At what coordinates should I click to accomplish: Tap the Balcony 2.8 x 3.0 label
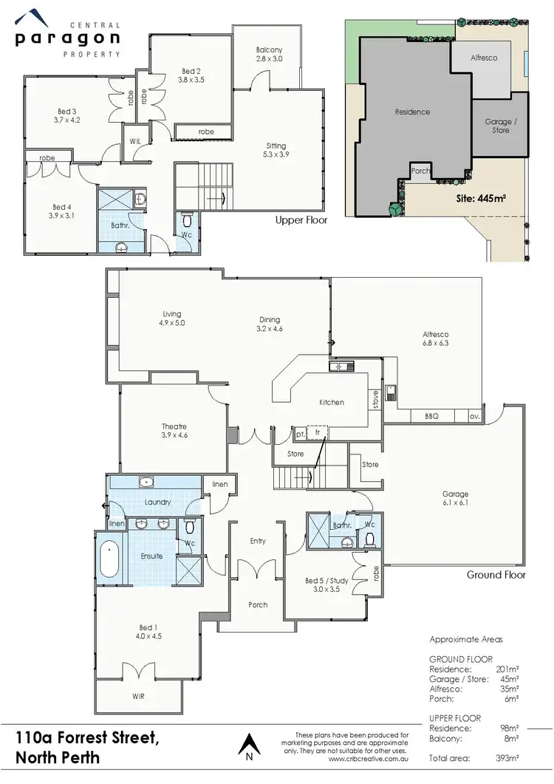269,54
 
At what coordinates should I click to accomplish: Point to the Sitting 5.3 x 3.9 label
276,150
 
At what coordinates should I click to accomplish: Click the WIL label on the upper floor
134,140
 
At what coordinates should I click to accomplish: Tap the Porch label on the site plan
420,170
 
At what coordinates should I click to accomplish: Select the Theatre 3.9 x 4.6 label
174,431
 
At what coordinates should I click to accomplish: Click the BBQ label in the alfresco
431,416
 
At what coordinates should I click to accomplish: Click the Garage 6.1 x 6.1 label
456,499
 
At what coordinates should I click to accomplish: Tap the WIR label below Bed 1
138,696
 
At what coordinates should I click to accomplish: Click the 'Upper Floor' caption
301,220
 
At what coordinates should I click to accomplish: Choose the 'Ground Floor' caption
496,575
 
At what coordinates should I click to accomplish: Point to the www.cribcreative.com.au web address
368,758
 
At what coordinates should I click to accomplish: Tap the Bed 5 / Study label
322,584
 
